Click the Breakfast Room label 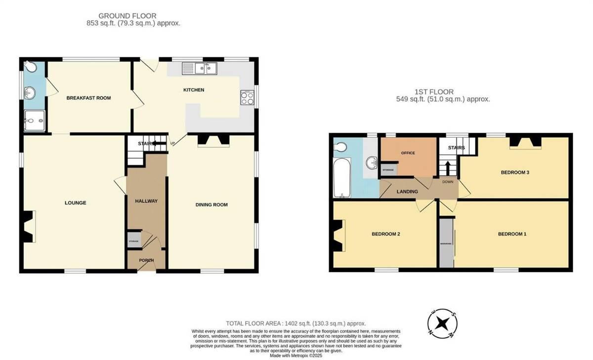click(88, 98)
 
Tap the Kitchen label click(194, 90)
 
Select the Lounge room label click(75, 202)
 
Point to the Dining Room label click(212, 204)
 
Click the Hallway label click(146, 201)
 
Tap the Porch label click(146, 260)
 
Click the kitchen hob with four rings click(247, 98)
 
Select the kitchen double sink click(200, 68)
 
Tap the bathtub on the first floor click(341, 178)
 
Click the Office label click(408, 153)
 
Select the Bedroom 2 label click(385, 234)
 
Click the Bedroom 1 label click(512, 234)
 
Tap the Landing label click(407, 192)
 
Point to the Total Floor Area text click(296, 323)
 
